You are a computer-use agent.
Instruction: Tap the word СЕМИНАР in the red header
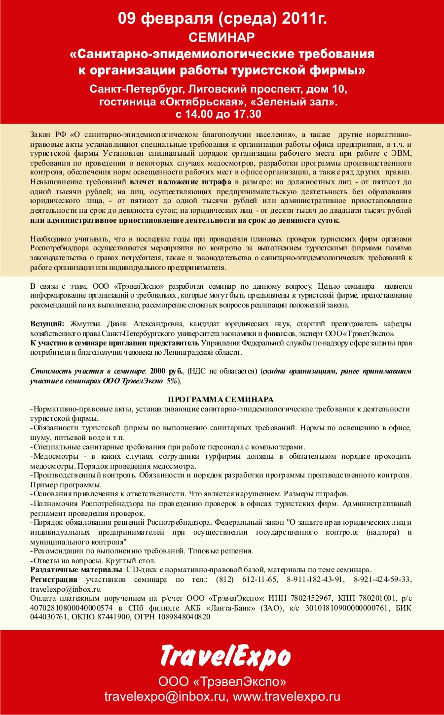point(222,37)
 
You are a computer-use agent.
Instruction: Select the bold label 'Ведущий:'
point(47,324)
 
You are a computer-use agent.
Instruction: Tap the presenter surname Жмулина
point(85,324)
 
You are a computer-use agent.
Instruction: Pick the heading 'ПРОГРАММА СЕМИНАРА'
point(221,400)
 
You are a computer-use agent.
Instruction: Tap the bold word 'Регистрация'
point(54,579)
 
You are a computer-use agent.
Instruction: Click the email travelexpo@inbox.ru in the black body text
point(65,589)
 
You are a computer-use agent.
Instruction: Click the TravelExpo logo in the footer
point(225,656)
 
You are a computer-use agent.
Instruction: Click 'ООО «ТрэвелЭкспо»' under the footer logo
point(222,682)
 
